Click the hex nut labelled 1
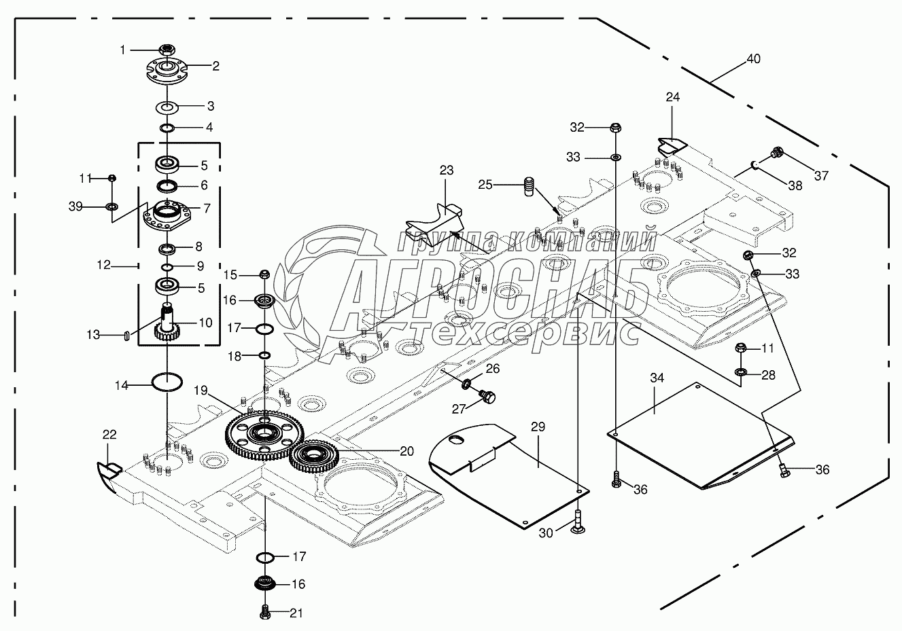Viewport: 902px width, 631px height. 167,50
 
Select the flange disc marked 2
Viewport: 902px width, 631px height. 167,73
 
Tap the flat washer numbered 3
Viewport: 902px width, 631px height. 167,107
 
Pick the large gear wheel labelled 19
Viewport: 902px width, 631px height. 264,435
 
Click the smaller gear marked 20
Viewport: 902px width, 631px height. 314,456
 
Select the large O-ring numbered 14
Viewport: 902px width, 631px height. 167,382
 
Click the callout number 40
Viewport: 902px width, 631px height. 753,59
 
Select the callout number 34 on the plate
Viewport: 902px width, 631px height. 657,378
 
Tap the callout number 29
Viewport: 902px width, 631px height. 538,427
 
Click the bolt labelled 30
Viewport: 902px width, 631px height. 578,522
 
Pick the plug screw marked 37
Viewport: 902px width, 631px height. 777,154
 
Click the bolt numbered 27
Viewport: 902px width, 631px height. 487,397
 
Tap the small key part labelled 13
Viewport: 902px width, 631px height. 126,336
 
